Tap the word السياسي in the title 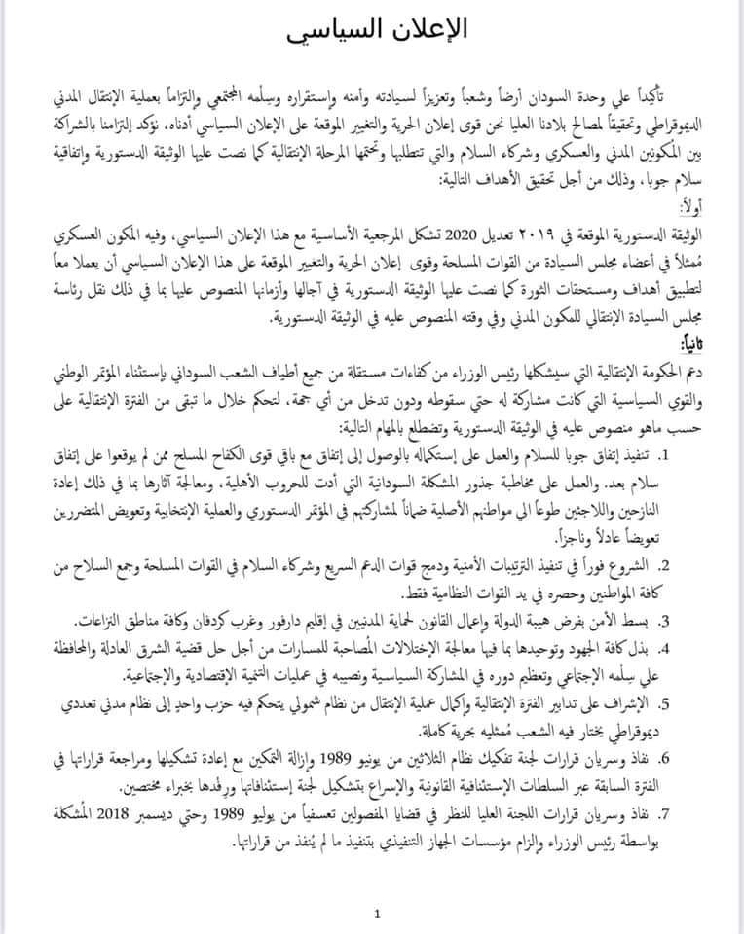[331, 31]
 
